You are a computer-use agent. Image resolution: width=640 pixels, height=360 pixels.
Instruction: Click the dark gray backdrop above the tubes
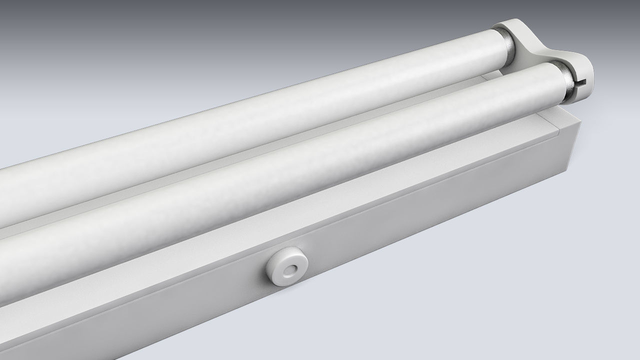coord(200,30)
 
